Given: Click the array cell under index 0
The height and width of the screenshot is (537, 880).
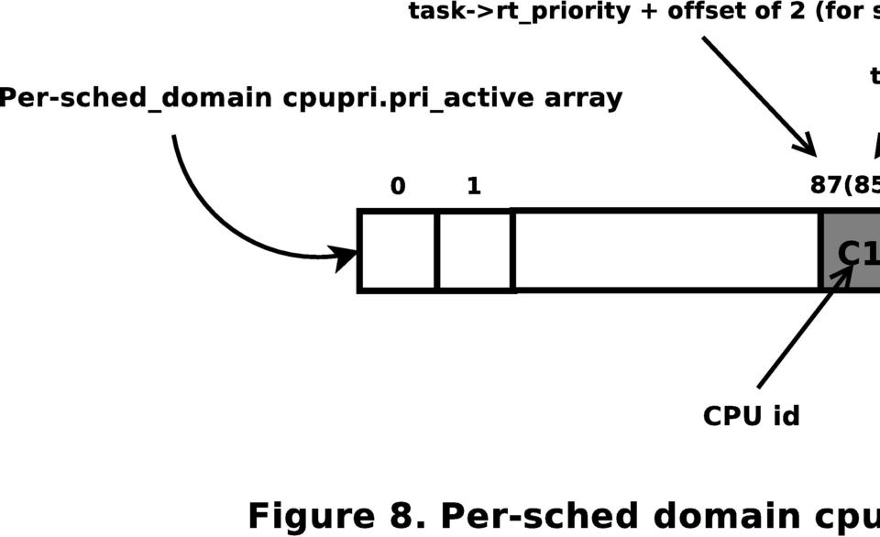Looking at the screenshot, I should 398,251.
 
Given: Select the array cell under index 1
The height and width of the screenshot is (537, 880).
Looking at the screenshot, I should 474,251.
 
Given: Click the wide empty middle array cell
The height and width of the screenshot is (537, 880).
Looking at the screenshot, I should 665,251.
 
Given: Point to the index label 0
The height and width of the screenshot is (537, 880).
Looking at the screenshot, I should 398,186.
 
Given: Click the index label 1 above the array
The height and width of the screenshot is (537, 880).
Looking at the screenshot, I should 473,186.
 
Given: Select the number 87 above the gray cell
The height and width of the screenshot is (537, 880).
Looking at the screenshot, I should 826,185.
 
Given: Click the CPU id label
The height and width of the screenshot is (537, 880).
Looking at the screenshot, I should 751,416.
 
